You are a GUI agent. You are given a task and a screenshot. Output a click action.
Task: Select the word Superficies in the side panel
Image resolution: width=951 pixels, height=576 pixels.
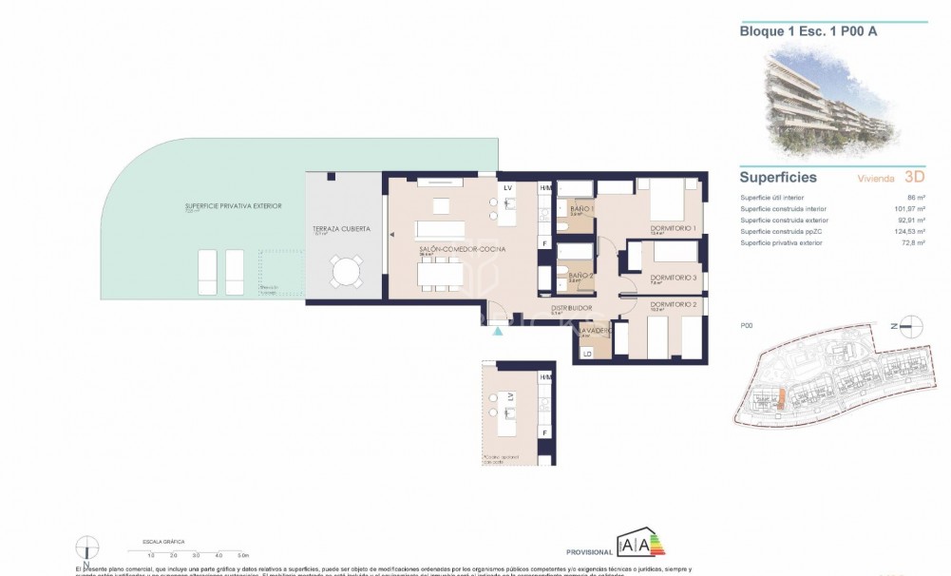(x=778, y=177)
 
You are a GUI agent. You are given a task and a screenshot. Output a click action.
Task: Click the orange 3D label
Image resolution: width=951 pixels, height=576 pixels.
(x=914, y=177)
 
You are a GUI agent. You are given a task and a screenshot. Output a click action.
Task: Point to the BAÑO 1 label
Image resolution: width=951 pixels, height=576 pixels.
(x=580, y=209)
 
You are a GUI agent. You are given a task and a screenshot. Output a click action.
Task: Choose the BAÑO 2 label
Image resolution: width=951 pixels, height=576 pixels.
(x=580, y=276)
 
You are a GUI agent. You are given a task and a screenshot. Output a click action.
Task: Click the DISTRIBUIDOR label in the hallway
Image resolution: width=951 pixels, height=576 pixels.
(x=572, y=308)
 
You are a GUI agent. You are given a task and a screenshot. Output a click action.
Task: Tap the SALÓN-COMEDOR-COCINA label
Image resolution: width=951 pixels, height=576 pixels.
(x=462, y=249)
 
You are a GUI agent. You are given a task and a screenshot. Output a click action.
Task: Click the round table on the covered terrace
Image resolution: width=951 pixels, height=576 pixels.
(x=344, y=272)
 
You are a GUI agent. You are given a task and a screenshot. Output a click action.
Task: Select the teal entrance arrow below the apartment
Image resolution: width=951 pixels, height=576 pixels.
(x=497, y=331)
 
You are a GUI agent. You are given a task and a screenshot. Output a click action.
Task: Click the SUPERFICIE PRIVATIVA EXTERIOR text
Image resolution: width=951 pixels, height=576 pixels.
(x=234, y=205)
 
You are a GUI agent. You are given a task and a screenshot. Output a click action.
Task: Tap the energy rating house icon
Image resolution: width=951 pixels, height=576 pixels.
(x=636, y=547)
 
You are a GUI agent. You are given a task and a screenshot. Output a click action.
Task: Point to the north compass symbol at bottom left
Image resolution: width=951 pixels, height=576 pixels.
(x=87, y=547)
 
